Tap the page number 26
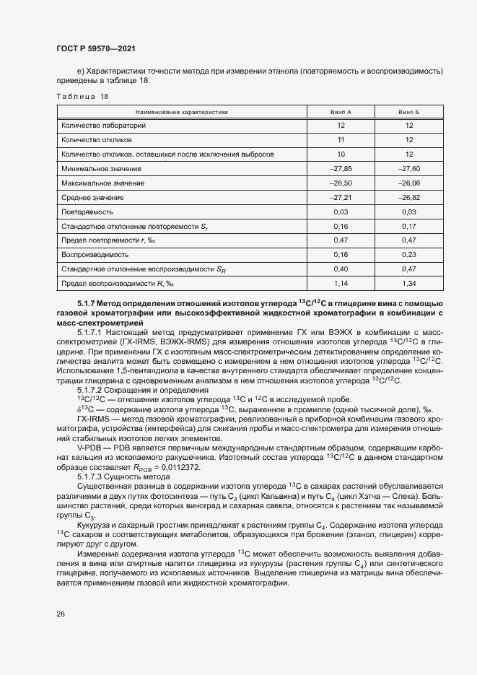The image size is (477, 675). coord(60,614)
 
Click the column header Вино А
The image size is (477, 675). coord(341,112)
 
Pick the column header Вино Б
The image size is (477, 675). coord(408,112)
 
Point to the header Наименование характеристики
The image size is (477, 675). coord(182,112)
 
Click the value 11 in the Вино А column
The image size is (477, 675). coord(341,139)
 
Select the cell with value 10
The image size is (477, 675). coord(341,154)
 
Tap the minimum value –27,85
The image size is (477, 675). coord(341,168)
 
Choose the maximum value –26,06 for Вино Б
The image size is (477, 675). coord(408,183)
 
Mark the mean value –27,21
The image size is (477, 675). coord(341,197)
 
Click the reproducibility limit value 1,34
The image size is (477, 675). coord(408,284)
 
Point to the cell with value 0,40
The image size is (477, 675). coord(341,269)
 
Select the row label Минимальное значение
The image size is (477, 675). coord(102,168)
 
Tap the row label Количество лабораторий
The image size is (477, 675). coord(104,125)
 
